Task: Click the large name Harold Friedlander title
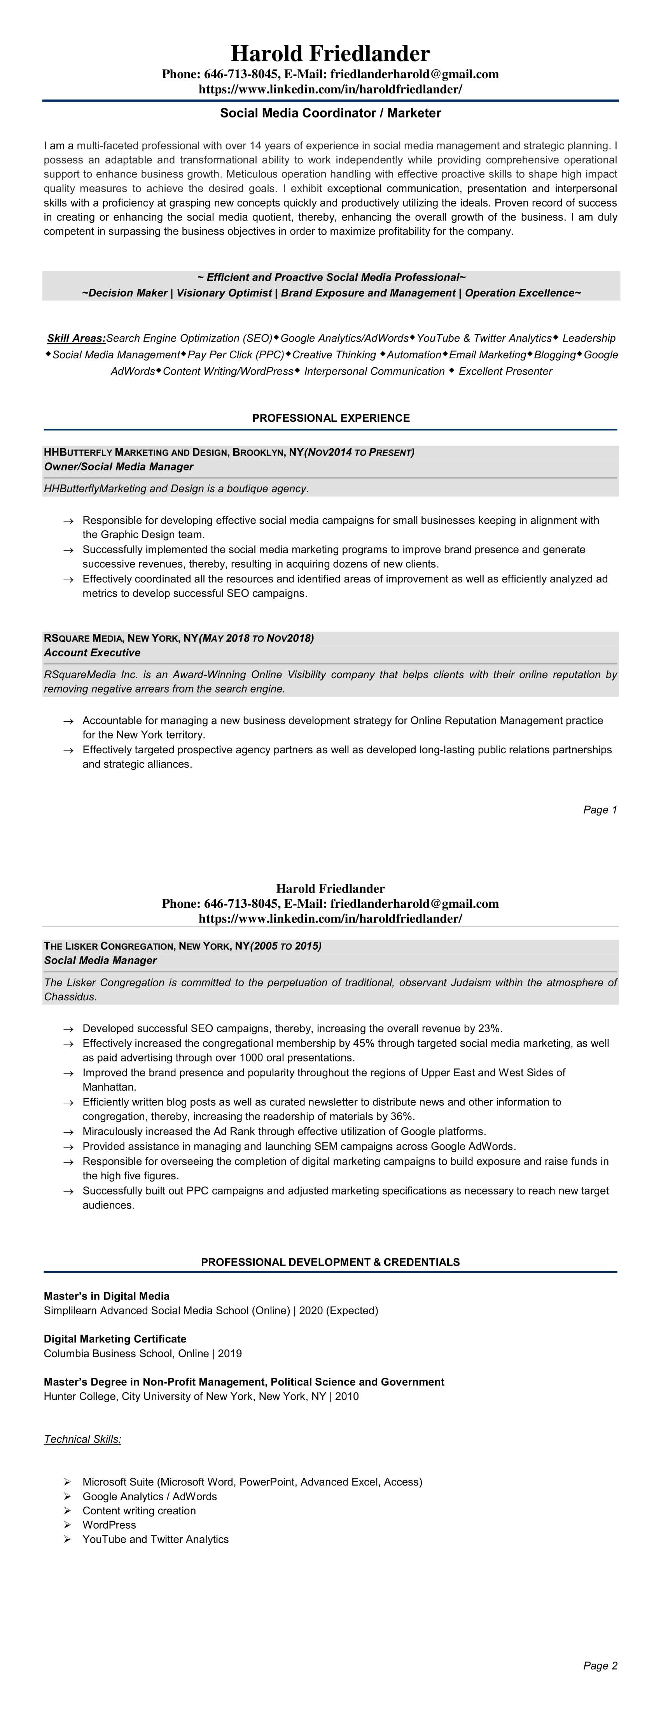[x=330, y=53]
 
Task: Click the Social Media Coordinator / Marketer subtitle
[x=330, y=113]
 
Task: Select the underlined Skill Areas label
[x=76, y=338]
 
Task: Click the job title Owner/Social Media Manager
[x=118, y=467]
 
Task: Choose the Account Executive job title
[x=92, y=653]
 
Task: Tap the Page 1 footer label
[x=600, y=809]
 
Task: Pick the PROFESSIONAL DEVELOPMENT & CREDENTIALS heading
[x=330, y=1262]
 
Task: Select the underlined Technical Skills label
[x=82, y=1440]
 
